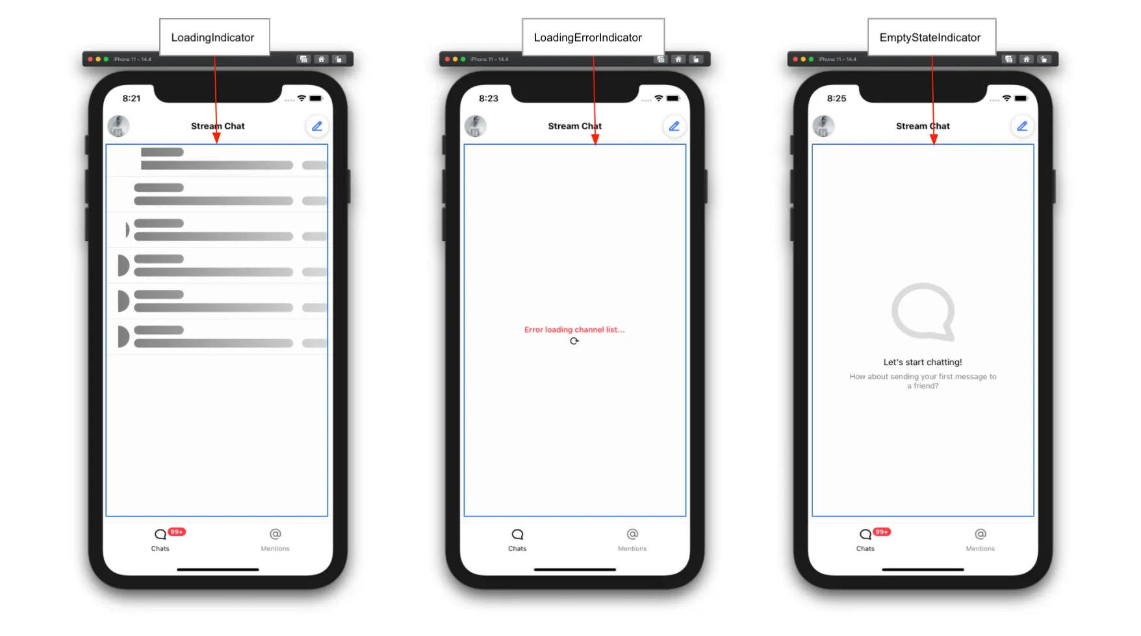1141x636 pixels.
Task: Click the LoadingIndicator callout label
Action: click(x=214, y=38)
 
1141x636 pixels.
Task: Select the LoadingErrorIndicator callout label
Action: click(x=593, y=38)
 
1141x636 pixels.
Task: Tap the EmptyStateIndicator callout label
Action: click(x=931, y=38)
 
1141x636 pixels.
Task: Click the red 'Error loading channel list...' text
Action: click(x=574, y=329)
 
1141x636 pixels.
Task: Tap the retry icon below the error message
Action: click(x=574, y=341)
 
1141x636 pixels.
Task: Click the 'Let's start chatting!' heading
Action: click(x=923, y=362)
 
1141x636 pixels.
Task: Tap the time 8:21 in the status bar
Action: click(x=131, y=98)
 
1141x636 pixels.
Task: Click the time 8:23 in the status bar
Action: click(x=489, y=98)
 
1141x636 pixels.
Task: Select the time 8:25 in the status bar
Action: click(x=837, y=98)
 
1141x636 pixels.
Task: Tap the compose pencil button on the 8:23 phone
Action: click(x=674, y=126)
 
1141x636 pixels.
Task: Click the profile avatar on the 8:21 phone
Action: click(x=118, y=126)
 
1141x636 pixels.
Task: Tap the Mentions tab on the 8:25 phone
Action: click(x=980, y=540)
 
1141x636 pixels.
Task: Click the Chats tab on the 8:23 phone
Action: click(x=517, y=540)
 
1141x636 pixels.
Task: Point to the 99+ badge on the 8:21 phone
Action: click(x=177, y=531)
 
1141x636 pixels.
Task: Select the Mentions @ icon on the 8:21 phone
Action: click(x=276, y=534)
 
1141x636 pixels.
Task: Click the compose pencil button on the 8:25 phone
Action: click(x=1022, y=126)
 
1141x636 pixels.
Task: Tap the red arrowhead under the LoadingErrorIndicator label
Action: click(x=595, y=139)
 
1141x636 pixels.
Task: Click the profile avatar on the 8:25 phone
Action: click(x=823, y=126)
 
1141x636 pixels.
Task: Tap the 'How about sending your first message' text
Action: click(x=923, y=381)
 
